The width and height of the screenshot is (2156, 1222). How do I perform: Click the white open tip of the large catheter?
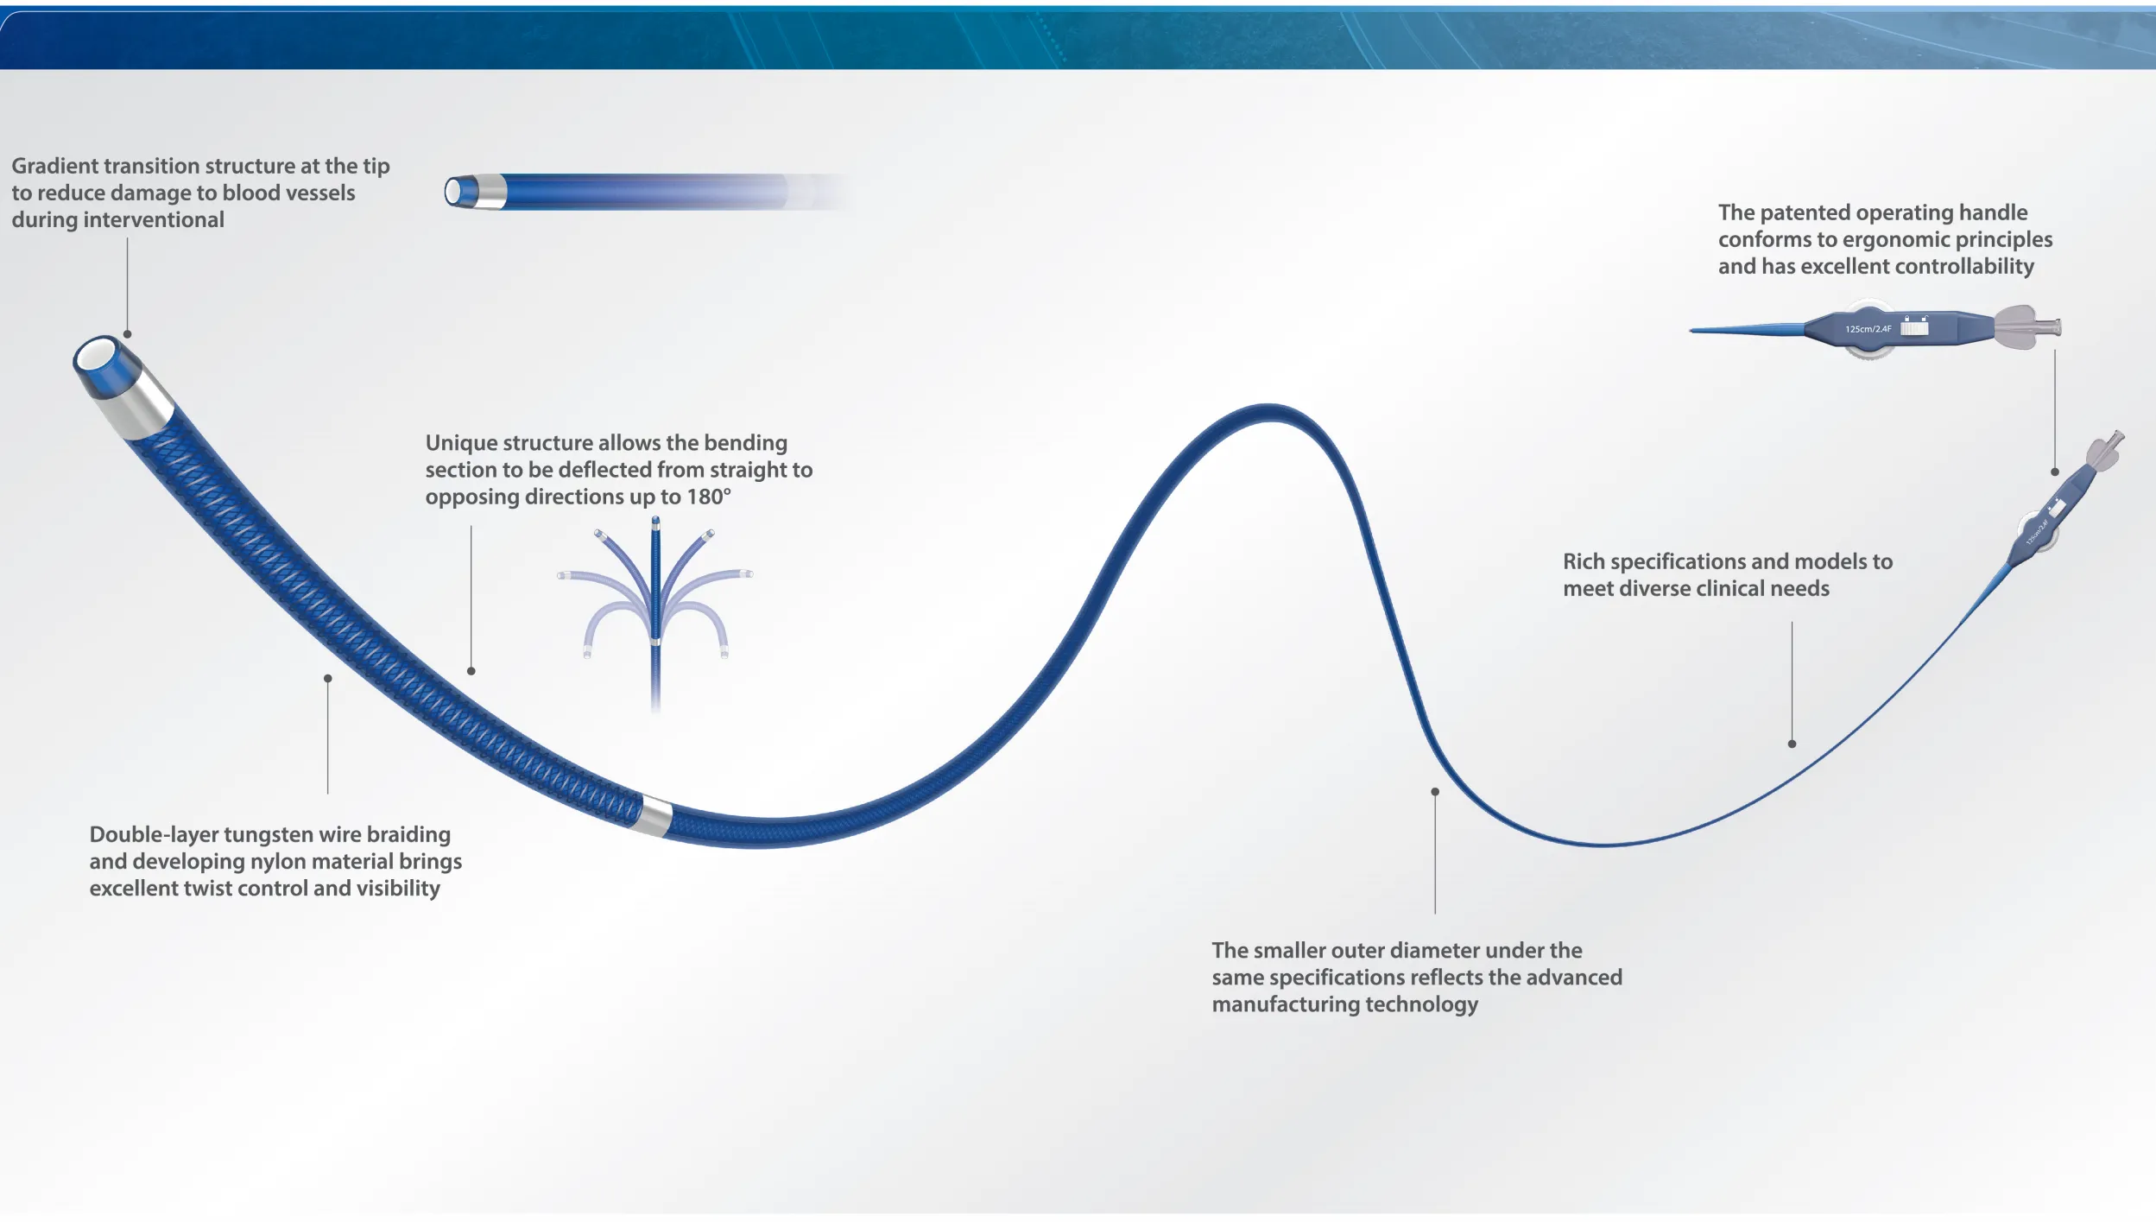pyautogui.click(x=95, y=356)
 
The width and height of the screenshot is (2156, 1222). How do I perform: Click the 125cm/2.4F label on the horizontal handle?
pyautogui.click(x=1868, y=329)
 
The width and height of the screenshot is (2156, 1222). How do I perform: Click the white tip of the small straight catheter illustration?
pyautogui.click(x=452, y=192)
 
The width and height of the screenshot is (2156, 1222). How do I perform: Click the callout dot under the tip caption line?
pyautogui.click(x=128, y=334)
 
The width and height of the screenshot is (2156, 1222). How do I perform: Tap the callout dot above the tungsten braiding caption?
pyautogui.click(x=328, y=679)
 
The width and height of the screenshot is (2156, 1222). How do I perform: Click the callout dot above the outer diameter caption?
pyautogui.click(x=1435, y=792)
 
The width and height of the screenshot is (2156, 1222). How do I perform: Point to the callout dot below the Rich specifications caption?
pyautogui.click(x=1792, y=744)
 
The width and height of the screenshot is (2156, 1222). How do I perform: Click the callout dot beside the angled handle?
pyautogui.click(x=2055, y=472)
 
